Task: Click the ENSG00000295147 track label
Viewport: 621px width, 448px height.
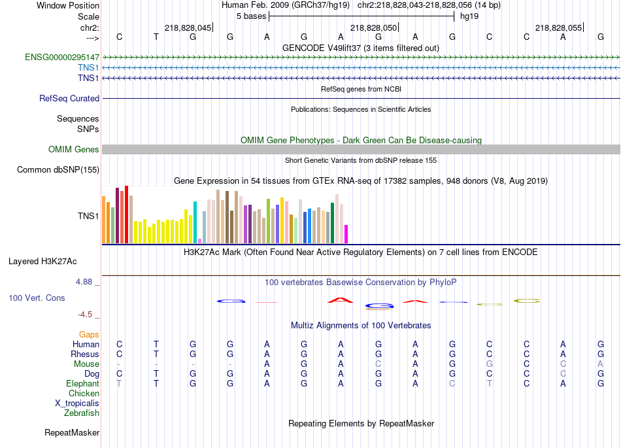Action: [62, 58]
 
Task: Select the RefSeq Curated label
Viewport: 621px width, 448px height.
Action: [69, 98]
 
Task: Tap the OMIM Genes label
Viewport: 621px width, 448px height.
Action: [74, 150]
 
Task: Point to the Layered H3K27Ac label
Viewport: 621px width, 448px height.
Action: [42, 262]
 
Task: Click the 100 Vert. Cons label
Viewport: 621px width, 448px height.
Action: [37, 298]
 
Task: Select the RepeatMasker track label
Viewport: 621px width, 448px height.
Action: [72, 432]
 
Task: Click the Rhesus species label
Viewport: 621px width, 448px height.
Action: [85, 354]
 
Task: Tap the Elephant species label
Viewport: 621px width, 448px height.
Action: [83, 383]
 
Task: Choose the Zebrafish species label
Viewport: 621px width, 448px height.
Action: [82, 413]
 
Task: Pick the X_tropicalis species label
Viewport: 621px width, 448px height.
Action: [77, 403]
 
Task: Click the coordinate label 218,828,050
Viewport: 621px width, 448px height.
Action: [373, 27]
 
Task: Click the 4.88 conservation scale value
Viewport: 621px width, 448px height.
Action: [85, 282]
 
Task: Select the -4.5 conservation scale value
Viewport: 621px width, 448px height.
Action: [84, 314]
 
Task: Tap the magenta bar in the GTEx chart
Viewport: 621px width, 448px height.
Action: [346, 233]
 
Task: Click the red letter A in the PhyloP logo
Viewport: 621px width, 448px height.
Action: [340, 300]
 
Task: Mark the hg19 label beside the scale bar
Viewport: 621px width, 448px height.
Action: [469, 16]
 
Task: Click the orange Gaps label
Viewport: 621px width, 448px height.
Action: [89, 334]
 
